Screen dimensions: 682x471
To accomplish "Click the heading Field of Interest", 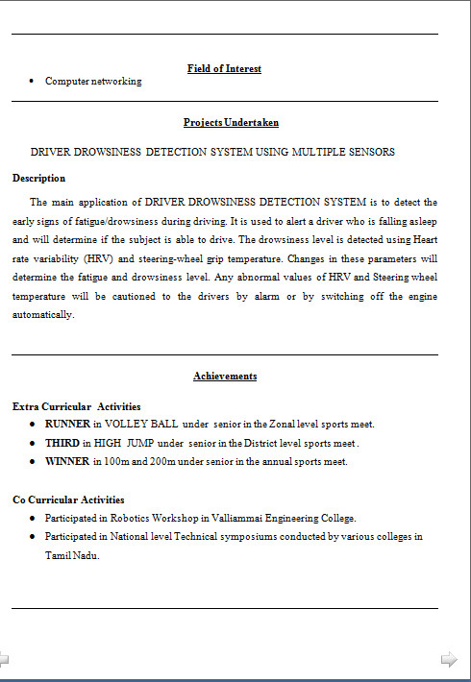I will point(224,68).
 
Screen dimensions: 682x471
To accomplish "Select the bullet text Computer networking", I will point(93,82).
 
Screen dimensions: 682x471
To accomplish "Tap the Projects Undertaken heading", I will point(231,122).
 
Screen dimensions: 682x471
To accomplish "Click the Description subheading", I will point(38,178).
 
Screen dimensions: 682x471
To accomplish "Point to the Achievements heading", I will point(225,376).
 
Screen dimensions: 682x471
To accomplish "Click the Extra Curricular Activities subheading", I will point(76,406).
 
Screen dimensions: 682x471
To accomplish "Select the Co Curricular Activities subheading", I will point(68,499).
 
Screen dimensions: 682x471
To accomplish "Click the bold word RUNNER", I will point(67,424).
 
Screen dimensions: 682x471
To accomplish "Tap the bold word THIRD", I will point(62,443).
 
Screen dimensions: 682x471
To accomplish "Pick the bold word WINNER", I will point(66,461).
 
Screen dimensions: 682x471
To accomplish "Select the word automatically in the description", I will point(42,315).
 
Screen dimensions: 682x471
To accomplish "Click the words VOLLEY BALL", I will point(141,424).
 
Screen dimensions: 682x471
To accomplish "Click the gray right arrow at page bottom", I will point(449,659).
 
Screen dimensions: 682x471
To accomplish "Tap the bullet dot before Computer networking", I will point(34,82).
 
